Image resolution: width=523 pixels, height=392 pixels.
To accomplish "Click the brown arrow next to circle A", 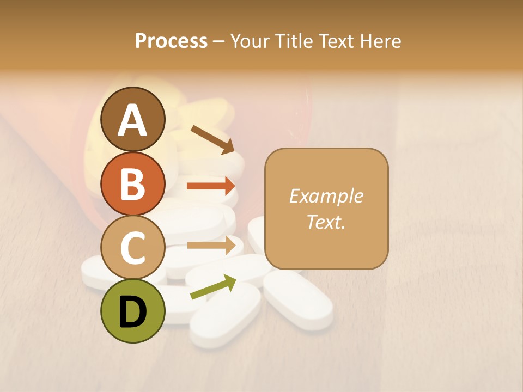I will click(212, 139).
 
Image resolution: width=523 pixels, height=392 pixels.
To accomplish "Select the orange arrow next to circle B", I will click(211, 186).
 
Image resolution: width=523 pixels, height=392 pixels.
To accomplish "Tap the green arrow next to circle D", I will click(213, 287).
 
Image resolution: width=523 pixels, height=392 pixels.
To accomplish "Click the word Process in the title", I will click(171, 41).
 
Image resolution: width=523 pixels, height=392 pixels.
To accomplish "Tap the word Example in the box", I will click(326, 196).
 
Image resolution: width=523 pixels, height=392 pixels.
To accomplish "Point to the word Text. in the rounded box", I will click(326, 222).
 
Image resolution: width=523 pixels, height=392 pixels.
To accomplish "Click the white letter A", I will click(133, 120).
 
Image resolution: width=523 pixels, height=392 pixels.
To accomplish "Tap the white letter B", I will click(133, 184).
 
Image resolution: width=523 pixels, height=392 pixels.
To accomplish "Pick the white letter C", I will click(133, 248).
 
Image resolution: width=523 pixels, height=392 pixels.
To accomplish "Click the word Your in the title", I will click(251, 41).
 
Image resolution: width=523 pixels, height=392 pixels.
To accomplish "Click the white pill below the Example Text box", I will click(299, 299).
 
